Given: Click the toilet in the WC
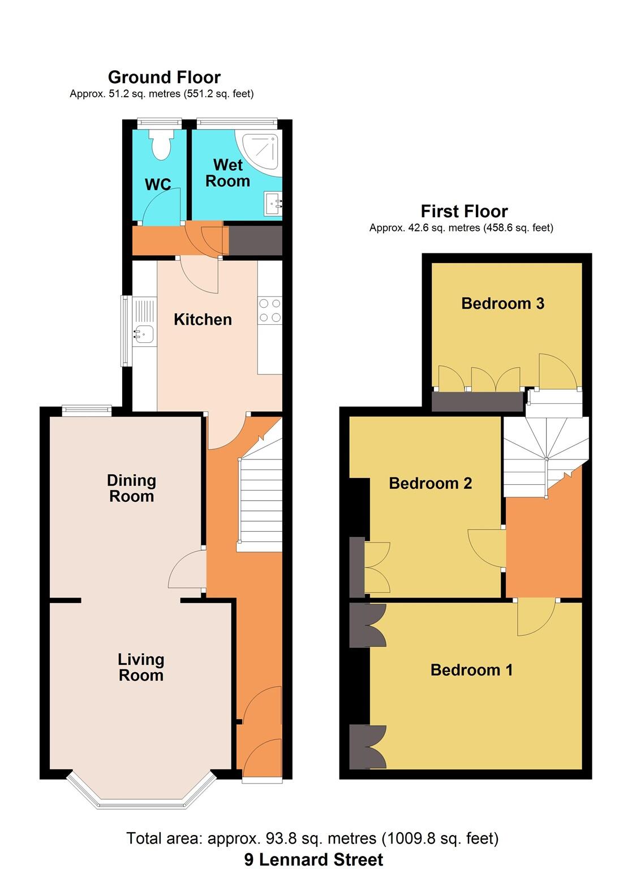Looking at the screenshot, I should click(159, 144).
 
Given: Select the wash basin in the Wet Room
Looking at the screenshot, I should click(273, 203).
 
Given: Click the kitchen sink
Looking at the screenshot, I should click(144, 334).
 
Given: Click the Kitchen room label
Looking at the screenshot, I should click(203, 320).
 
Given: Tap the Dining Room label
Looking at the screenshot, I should click(131, 488).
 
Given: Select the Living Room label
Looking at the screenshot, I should click(141, 667).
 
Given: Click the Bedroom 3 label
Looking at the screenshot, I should click(502, 303).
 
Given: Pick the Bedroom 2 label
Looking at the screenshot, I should click(430, 483).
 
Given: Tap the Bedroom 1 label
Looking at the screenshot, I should click(471, 670).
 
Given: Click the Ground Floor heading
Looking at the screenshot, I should click(164, 77).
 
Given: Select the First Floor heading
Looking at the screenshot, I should click(464, 211).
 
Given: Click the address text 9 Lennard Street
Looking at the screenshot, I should click(313, 859).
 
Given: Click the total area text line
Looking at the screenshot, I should click(312, 838).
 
